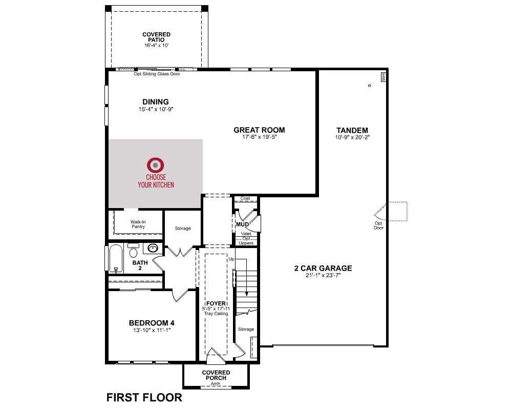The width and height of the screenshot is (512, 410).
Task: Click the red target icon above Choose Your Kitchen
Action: [156, 165]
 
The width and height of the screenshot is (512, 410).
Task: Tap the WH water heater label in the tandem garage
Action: [383, 77]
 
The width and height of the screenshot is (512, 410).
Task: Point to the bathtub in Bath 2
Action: [116, 258]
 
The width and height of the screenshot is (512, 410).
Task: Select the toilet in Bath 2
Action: [133, 251]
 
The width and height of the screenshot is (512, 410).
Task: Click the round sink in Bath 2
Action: [153, 248]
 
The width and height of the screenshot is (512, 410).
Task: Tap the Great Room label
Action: [259, 130]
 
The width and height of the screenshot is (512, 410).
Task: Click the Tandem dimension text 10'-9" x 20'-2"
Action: [352, 137]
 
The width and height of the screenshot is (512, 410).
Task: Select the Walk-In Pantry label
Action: [138, 224]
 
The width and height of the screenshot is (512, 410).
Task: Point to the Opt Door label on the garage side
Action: [379, 225]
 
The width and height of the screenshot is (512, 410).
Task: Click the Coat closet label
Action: [245, 198]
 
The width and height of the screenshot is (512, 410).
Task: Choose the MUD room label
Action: [242, 224]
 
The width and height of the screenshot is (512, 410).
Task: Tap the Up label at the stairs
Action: [231, 259]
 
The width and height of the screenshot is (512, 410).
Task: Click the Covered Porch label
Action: [216, 375]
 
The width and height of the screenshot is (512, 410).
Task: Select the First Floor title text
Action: [144, 398]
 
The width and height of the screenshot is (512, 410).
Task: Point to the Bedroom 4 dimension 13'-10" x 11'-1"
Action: [152, 330]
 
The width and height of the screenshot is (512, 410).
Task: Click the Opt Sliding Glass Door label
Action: [157, 74]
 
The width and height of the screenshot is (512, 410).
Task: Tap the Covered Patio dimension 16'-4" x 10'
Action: [156, 46]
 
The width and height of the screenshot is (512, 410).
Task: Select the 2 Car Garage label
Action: [323, 268]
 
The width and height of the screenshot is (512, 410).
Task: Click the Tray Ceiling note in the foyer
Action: [216, 314]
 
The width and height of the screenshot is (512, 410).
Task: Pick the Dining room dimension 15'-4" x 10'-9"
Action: [156, 109]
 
